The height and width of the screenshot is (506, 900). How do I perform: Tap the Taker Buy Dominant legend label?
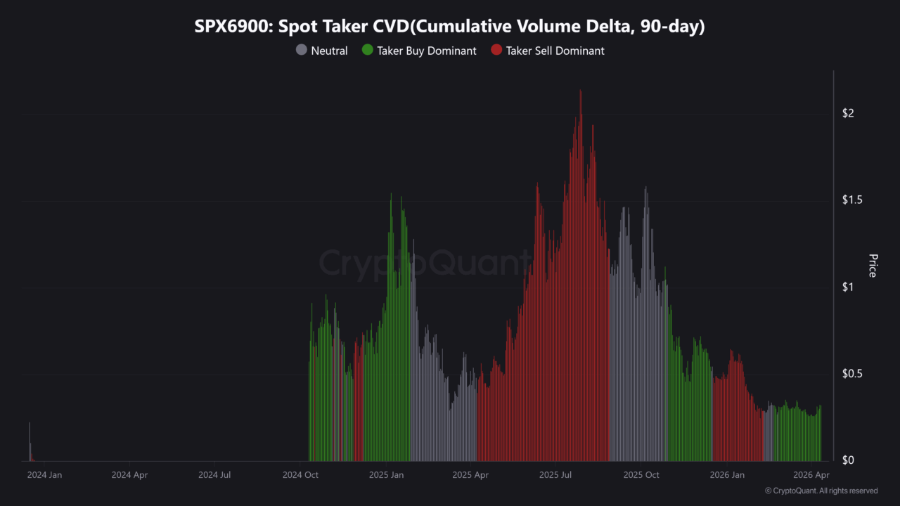point(426,51)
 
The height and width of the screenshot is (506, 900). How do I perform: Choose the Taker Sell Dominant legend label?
point(555,51)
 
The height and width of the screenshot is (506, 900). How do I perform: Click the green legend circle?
point(367,51)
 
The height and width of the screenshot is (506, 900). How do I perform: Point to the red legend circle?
point(496,51)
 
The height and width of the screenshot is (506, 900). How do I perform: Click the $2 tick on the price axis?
point(848,114)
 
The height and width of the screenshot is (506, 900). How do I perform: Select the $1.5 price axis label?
point(853,200)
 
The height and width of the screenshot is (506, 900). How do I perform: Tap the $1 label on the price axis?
point(848,287)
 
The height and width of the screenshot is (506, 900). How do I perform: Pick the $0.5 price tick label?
point(853,374)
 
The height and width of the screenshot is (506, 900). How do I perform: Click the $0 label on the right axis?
point(848,460)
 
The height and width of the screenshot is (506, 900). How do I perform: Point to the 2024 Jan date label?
point(44,475)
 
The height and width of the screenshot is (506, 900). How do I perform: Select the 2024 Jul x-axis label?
point(214,475)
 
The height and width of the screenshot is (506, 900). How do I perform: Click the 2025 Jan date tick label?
point(386,475)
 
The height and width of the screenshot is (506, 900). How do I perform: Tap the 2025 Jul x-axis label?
point(555,475)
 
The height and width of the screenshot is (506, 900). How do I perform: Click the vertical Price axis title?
point(873,266)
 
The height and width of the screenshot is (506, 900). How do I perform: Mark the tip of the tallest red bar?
point(581,91)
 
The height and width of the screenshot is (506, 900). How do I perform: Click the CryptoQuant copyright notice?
point(821,491)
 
